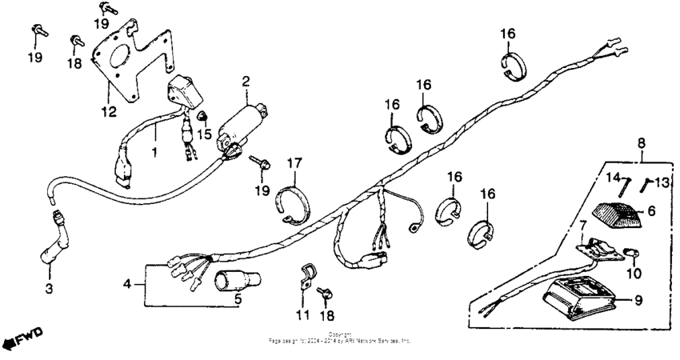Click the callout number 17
pyautogui.click(x=294, y=164)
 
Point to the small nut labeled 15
pyautogui.click(x=202, y=118)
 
